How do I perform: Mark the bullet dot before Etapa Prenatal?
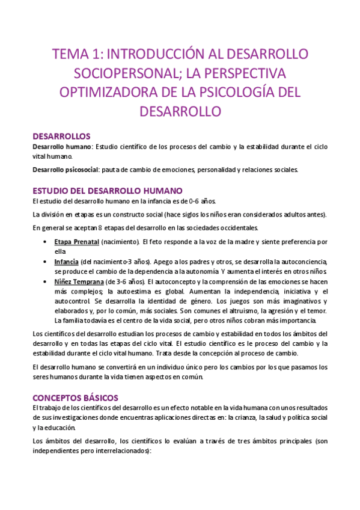[x=47, y=242]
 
